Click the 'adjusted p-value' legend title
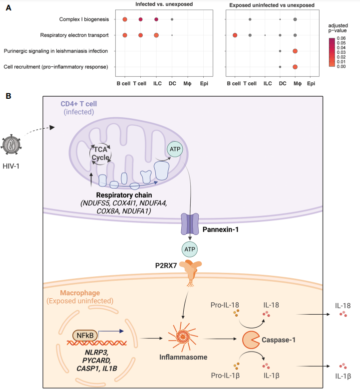(341, 28)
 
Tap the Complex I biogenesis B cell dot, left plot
(124, 19)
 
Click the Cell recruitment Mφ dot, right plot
(295, 67)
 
